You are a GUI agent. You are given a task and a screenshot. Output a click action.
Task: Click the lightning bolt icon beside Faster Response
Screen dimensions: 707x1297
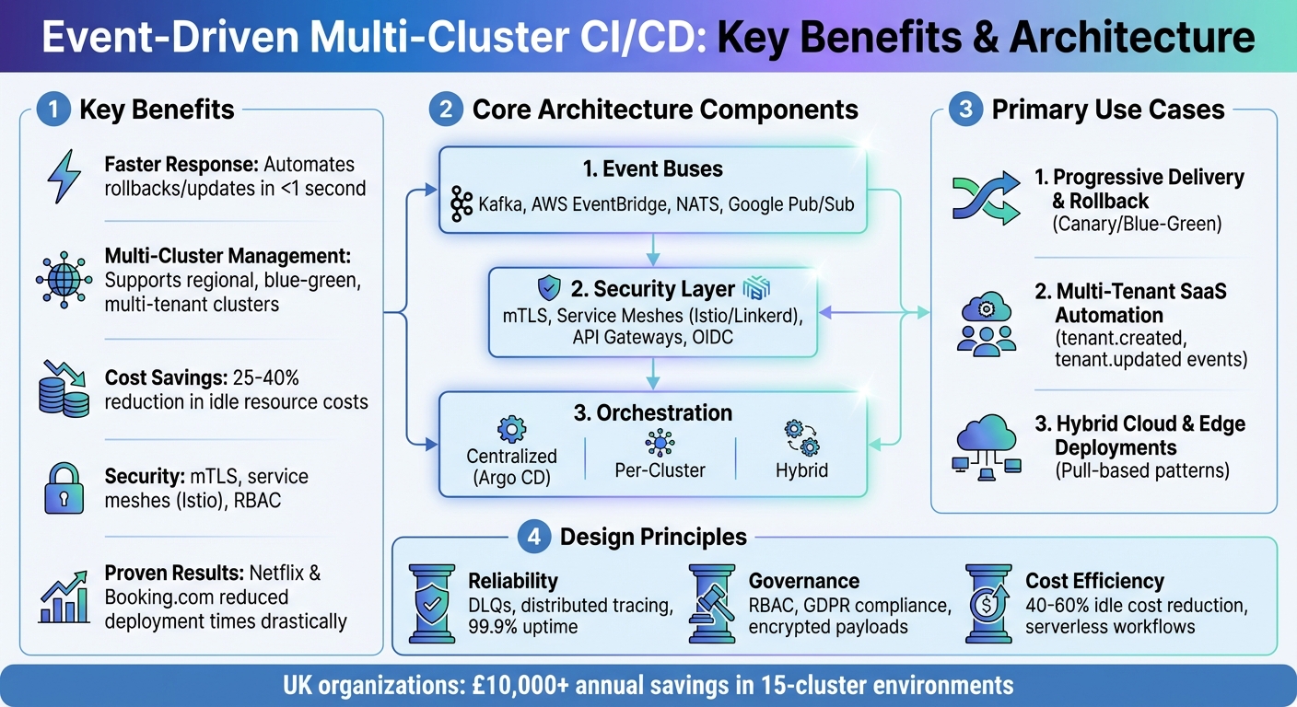(64, 177)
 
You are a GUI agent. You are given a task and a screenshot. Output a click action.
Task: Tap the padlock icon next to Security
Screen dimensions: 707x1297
(64, 488)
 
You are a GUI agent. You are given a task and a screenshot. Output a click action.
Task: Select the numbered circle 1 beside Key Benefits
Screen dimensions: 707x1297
(53, 110)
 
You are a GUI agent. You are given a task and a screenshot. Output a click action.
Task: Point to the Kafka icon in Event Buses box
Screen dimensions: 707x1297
(461, 203)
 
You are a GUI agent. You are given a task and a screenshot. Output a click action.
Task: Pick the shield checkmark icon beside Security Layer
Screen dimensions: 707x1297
(550, 288)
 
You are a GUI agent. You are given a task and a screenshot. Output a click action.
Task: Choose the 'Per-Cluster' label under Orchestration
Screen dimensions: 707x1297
(660, 469)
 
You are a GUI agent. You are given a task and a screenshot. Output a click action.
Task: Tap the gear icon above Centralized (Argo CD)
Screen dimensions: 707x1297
(511, 429)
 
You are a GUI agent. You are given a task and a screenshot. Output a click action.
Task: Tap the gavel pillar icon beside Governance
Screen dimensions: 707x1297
(714, 603)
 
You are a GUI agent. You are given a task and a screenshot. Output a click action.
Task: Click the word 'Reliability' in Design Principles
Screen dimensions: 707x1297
(513, 581)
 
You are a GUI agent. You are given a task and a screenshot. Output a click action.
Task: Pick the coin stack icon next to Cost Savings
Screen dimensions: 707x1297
(64, 388)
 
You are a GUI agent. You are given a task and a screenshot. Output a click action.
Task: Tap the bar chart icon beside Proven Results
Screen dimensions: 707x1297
(64, 597)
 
